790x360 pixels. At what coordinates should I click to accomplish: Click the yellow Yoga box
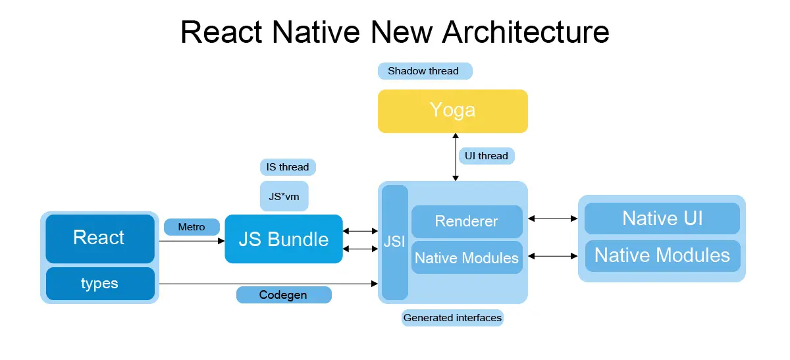coord(452,111)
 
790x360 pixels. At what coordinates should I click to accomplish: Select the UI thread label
coord(487,156)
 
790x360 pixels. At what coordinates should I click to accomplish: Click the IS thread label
coord(288,167)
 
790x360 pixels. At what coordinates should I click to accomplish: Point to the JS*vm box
coord(284,196)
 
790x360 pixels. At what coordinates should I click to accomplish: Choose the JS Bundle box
coord(284,239)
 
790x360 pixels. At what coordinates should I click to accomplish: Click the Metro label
coord(191,227)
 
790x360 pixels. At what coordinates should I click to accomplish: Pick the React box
coord(99,238)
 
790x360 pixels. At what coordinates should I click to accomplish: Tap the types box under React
coord(99,284)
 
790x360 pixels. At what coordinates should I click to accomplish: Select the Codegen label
coord(283,295)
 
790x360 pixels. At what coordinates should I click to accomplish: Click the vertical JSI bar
coord(395,242)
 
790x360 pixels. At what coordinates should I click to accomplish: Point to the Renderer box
coord(467,222)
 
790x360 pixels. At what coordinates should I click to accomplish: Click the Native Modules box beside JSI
coord(467,257)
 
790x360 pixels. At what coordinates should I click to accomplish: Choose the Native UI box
coord(662,219)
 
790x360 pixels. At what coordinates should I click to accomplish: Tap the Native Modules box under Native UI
coord(662,255)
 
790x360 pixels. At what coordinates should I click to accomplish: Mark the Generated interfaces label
coord(452,318)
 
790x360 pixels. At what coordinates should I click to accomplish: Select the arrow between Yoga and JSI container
coord(455,156)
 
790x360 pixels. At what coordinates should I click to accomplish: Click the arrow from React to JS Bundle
coord(191,241)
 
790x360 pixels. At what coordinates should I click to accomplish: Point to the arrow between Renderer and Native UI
coord(553,219)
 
